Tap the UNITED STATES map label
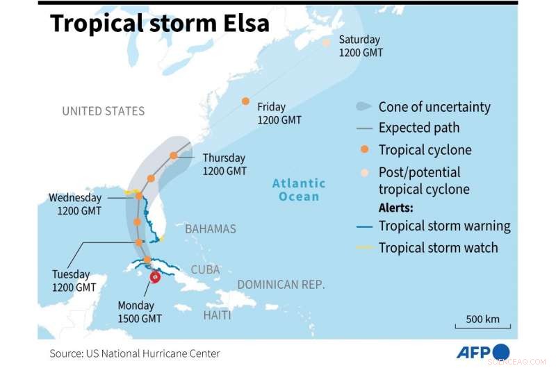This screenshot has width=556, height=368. point(103,111)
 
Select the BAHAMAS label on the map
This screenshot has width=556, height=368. point(211,228)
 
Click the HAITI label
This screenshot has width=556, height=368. point(217,315)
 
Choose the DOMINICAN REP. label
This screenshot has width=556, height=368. point(281,284)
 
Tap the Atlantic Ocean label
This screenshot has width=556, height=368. point(299,190)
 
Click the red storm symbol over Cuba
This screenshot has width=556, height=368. point(154,276)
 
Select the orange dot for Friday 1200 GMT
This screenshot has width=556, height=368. point(245,101)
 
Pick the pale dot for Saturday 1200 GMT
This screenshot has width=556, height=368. point(327,42)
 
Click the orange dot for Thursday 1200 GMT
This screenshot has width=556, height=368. point(174,156)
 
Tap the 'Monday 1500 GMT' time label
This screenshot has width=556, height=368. point(140,312)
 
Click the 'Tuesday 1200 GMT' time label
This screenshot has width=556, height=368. point(74,280)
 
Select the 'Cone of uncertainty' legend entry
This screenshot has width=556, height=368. point(434,107)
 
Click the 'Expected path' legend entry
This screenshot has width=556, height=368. point(418,128)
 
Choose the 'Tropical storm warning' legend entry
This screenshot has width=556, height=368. point(444,226)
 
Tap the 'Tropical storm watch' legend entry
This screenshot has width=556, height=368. point(438,247)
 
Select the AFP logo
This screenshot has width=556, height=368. point(483,352)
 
